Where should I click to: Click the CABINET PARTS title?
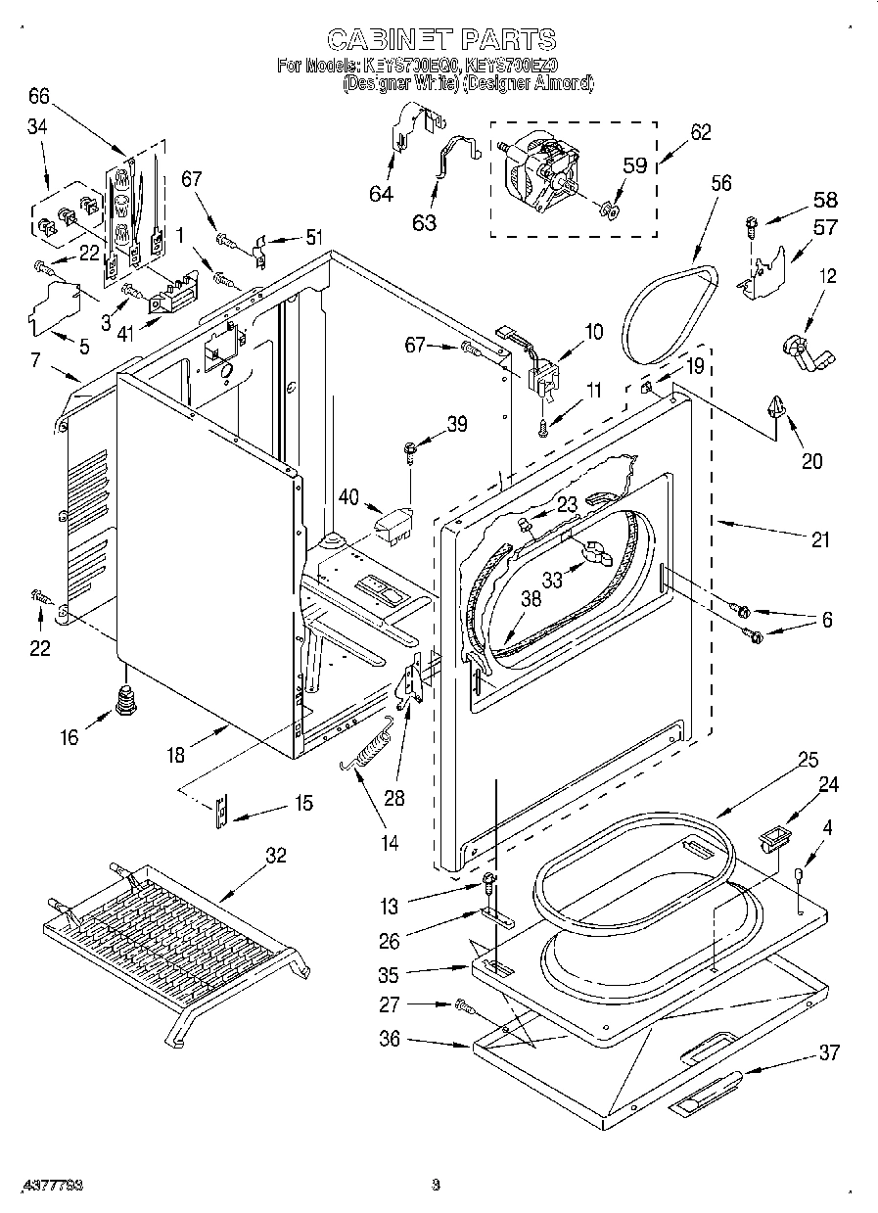440,39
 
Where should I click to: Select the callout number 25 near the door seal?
808,760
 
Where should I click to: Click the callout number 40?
349,497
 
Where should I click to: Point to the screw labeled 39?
409,451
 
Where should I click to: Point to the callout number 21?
819,538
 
